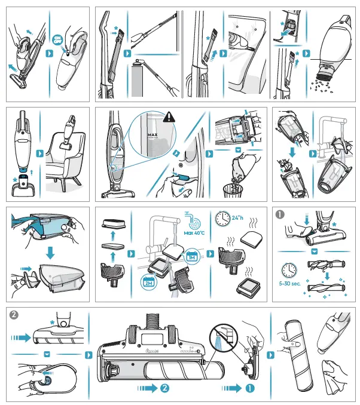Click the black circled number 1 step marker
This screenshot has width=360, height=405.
click(x=279, y=213)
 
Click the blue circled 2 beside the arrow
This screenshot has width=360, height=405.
click(x=165, y=388)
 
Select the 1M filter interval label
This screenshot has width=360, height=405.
click(x=192, y=256)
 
